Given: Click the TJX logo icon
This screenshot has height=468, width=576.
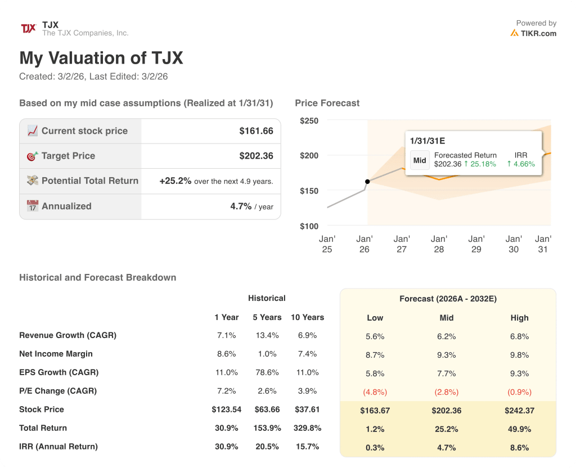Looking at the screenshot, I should pyautogui.click(x=28, y=29).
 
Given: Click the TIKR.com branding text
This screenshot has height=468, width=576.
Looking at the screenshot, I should pyautogui.click(x=538, y=33).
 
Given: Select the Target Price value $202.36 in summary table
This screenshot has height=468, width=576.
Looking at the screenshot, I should pyautogui.click(x=256, y=156).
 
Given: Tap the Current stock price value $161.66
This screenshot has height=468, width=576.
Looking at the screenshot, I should pyautogui.click(x=256, y=131).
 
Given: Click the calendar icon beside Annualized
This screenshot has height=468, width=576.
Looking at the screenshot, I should pyautogui.click(x=33, y=206).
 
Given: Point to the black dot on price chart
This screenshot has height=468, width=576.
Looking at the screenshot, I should pyautogui.click(x=367, y=181).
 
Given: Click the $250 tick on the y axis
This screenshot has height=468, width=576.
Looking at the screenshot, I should pyautogui.click(x=309, y=121).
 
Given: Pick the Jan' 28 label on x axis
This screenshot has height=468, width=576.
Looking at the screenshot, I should pyautogui.click(x=439, y=244).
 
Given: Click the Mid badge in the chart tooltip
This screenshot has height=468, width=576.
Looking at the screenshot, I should pyautogui.click(x=420, y=160).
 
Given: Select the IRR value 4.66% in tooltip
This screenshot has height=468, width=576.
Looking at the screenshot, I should pyautogui.click(x=521, y=164).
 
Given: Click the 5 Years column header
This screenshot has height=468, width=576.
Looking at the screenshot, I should pyautogui.click(x=267, y=317).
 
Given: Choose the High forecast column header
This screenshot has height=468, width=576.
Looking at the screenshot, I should pyautogui.click(x=519, y=318).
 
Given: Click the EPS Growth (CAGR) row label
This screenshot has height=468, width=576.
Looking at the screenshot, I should pyautogui.click(x=58, y=372).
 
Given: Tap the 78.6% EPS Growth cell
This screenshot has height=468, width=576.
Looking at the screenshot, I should pyautogui.click(x=267, y=372).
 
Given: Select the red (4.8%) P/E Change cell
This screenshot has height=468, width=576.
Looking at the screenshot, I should pyautogui.click(x=375, y=392).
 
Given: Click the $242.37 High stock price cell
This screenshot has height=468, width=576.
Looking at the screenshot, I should pyautogui.click(x=519, y=411).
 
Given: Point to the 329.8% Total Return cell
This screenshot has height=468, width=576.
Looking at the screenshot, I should pyautogui.click(x=307, y=428).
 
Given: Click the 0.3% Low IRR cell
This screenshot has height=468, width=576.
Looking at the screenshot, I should pyautogui.click(x=375, y=448).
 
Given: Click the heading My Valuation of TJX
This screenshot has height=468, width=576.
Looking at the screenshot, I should pyautogui.click(x=101, y=58).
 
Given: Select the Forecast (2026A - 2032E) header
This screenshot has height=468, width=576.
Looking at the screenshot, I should pyautogui.click(x=448, y=299).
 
